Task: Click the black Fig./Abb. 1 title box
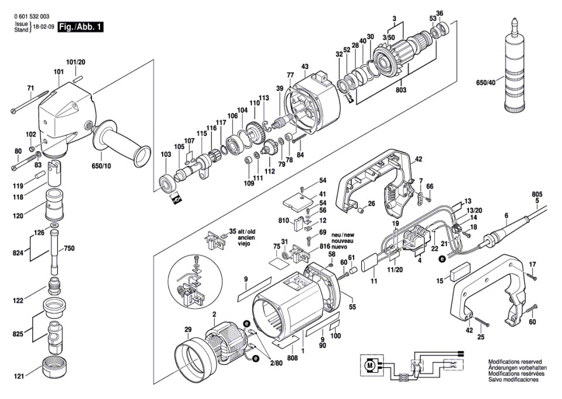coord(80,26)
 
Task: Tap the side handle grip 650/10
coord(120,141)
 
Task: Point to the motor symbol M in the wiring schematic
coord(369,366)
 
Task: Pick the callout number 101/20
coord(76,62)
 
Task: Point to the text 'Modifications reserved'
coord(515,362)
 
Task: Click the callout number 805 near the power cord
coord(537,194)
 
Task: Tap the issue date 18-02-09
coord(44,28)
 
